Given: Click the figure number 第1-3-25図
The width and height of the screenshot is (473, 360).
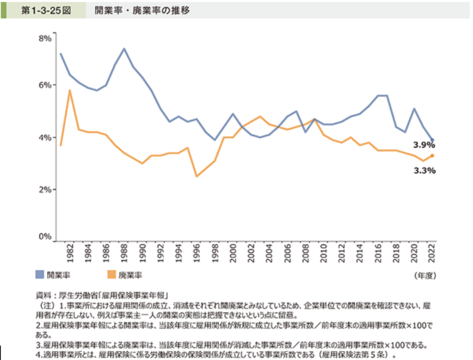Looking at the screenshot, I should point(44,11).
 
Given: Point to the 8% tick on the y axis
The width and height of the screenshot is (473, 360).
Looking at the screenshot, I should point(44,38).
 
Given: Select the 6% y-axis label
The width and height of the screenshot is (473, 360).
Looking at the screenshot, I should point(44,84).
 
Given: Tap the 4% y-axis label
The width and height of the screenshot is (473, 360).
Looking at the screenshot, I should point(44,137).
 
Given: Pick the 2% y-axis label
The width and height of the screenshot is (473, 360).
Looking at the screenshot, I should point(44,189).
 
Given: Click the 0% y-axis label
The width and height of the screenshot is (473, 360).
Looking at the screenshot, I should point(44,237).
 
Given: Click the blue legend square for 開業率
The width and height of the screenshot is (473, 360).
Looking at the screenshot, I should point(40,275).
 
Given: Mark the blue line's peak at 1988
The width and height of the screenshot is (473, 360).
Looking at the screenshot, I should point(124,49).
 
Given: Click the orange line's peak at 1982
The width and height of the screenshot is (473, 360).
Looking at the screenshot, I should point(70,90).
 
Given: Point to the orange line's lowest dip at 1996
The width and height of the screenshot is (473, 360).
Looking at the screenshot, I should point(197,176).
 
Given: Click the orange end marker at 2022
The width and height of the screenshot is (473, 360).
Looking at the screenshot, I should point(432,155).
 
